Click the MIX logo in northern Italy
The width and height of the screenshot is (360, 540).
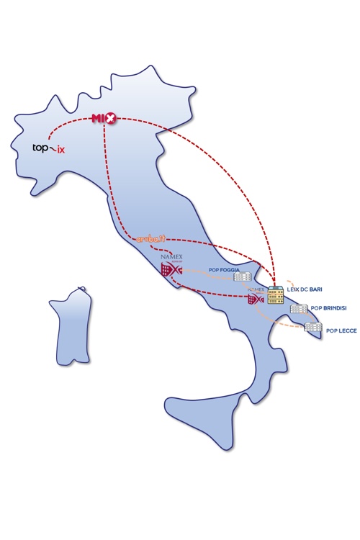(104, 118)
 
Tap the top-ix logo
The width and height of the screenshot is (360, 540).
(48, 149)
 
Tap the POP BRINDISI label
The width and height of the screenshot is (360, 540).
(328, 308)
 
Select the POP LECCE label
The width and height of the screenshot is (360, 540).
(341, 331)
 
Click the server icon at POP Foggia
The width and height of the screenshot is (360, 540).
(243, 277)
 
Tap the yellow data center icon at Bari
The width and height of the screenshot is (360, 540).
(275, 295)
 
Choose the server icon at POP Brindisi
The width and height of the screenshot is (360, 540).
(299, 309)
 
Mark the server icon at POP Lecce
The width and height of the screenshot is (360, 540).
(312, 328)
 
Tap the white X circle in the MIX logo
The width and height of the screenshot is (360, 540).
(109, 118)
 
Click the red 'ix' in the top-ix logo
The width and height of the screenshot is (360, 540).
(60, 150)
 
